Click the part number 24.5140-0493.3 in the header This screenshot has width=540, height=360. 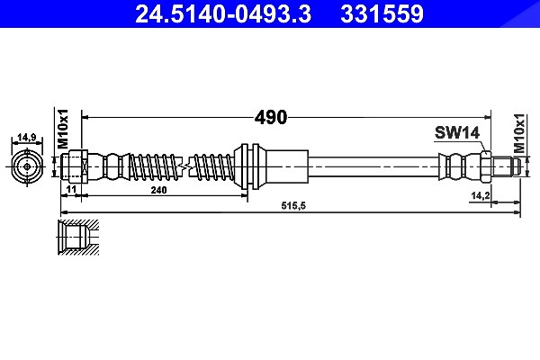(223, 13)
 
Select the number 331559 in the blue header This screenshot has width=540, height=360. (382, 13)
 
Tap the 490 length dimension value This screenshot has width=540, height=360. (271, 118)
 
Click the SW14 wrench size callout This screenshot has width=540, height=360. (457, 132)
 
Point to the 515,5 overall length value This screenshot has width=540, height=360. (293, 206)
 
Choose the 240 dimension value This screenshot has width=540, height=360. (158, 190)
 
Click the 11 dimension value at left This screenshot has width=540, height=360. (71, 189)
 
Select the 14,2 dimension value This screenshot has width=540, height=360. (481, 195)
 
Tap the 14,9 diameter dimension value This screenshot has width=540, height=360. (27, 138)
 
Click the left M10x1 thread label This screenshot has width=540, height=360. (63, 129)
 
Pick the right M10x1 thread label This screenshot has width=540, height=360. (519, 133)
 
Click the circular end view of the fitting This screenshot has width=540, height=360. (27, 166)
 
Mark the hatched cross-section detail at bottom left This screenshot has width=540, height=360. (78, 238)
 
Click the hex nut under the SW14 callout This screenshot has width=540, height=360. (486, 166)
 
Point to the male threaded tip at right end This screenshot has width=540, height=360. (506, 166)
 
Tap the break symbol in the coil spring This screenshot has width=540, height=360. (184, 166)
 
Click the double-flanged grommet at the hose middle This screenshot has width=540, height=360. (249, 166)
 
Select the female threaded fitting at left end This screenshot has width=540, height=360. (75, 166)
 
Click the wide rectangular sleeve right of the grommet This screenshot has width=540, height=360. (287, 166)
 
